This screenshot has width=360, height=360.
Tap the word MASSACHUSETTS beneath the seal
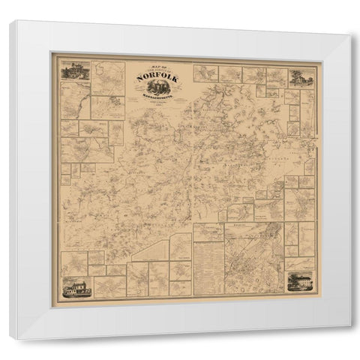coord(157,101)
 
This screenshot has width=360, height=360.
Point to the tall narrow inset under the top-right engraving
coord(307,112)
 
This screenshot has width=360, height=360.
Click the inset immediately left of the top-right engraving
coord(274,75)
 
